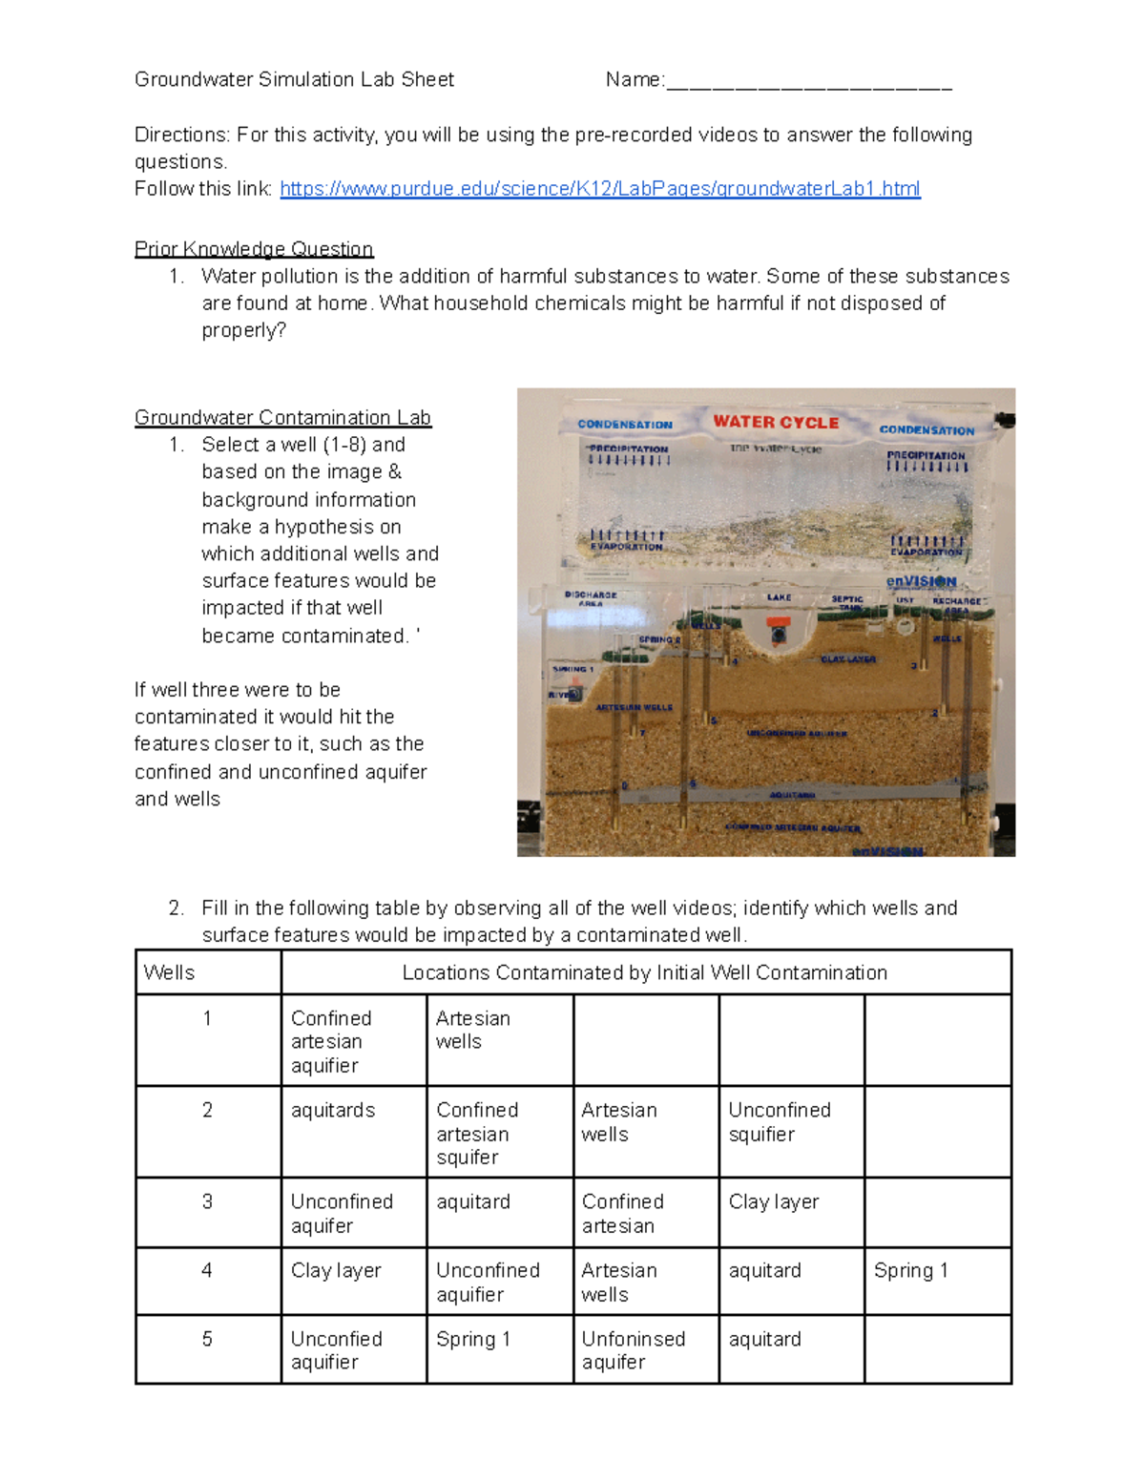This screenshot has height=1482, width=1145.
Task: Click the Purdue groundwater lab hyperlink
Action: pyautogui.click(x=599, y=189)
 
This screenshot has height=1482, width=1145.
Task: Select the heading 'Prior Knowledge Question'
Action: pyautogui.click(x=254, y=249)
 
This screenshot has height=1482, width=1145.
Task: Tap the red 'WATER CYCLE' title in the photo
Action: pyautogui.click(x=776, y=422)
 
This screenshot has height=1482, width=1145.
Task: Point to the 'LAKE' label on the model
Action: pyautogui.click(x=779, y=597)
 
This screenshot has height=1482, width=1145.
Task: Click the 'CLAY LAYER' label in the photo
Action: pyautogui.click(x=848, y=659)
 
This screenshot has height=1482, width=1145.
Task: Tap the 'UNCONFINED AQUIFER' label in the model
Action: pyautogui.click(x=796, y=734)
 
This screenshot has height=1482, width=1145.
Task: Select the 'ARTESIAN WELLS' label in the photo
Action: pyautogui.click(x=634, y=707)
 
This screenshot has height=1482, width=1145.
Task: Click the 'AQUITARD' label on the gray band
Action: pyautogui.click(x=792, y=794)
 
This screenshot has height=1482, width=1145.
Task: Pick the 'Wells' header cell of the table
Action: pyautogui.click(x=170, y=972)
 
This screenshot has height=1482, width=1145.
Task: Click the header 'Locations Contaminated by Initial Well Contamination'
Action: pyautogui.click(x=644, y=972)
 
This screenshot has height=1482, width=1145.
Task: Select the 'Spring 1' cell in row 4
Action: pyautogui.click(x=910, y=1270)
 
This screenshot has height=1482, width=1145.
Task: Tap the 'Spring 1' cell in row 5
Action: pyautogui.click(x=473, y=1339)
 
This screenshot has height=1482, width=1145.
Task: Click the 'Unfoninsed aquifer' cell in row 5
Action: pyautogui.click(x=633, y=1350)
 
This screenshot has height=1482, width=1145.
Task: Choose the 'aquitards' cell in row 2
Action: pyautogui.click(x=333, y=1110)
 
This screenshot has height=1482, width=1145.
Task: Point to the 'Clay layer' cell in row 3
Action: pyautogui.click(x=773, y=1201)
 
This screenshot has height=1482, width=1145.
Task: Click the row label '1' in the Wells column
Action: pyautogui.click(x=207, y=1018)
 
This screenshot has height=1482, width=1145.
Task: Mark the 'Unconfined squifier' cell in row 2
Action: pyautogui.click(x=779, y=1121)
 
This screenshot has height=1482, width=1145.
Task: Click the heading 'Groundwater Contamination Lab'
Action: pyautogui.click(x=282, y=418)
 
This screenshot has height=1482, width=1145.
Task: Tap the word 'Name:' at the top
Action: pyautogui.click(x=635, y=80)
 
